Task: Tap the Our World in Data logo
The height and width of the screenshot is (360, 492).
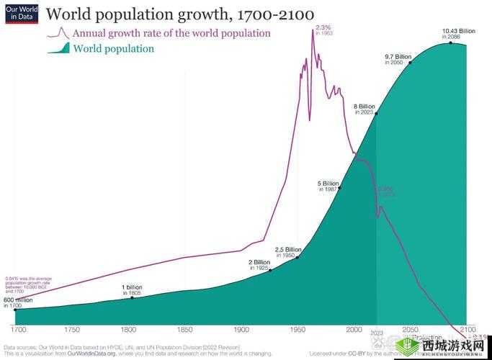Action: [19, 14]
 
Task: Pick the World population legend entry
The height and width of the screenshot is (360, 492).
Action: [113, 49]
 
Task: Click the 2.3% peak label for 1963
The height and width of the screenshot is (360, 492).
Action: [323, 30]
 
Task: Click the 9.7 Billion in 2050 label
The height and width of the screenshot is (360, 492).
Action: [398, 59]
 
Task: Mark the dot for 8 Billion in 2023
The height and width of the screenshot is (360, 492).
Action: [376, 114]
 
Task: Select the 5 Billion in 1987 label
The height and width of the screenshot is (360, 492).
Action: [328, 186]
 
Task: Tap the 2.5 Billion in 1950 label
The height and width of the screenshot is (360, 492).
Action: [288, 252]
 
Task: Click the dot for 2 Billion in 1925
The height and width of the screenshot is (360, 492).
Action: [270, 270]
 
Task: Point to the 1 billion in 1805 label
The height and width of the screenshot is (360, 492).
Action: [132, 289]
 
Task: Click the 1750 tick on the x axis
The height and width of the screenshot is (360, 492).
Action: [72, 330]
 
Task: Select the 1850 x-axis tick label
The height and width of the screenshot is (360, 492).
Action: [184, 330]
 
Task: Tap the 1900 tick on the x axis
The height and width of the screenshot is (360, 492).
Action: [241, 330]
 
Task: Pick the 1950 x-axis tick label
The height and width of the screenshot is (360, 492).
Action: [298, 330]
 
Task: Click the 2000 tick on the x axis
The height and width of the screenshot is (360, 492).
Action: [354, 330]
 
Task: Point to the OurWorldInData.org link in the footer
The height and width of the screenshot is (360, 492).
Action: [96, 354]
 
